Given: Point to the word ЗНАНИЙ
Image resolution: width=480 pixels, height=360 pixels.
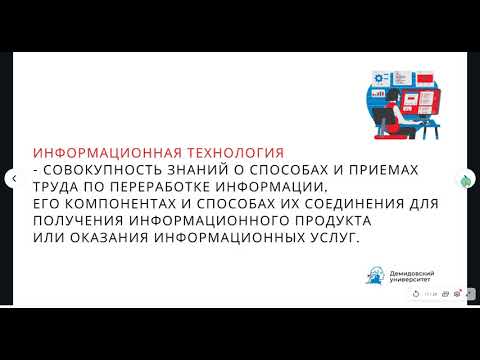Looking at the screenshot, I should pos(212,171).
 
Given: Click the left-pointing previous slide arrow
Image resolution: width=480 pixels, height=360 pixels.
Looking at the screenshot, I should pos(13,179).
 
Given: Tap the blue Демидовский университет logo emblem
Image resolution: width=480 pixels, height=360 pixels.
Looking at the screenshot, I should pos(374,275).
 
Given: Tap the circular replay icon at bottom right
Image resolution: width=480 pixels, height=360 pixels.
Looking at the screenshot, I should pos(415,294).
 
